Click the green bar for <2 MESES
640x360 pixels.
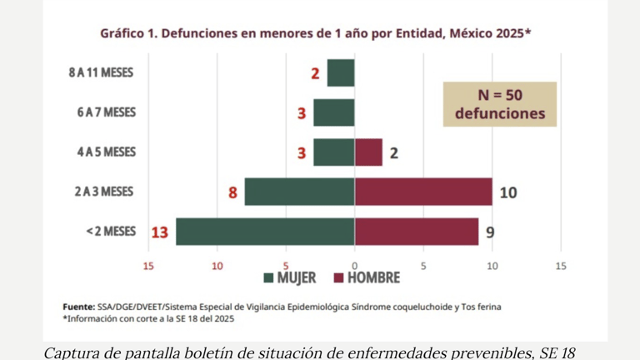(x=265, y=232)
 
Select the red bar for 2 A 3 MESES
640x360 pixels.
(x=422, y=192)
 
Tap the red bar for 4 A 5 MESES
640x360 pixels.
(x=368, y=152)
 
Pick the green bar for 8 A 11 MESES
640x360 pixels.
(x=341, y=72)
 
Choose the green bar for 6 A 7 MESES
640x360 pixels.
(x=334, y=112)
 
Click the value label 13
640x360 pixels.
(x=159, y=232)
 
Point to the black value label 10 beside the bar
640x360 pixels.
(x=508, y=192)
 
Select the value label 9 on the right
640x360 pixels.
(x=490, y=232)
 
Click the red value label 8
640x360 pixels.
(x=232, y=192)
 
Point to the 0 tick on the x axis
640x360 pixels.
(x=355, y=266)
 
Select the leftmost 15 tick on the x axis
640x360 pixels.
(x=149, y=266)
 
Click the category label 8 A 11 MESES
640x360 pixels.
(x=101, y=72)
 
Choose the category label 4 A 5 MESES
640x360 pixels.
(x=106, y=152)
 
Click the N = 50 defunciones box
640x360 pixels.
(x=499, y=104)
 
